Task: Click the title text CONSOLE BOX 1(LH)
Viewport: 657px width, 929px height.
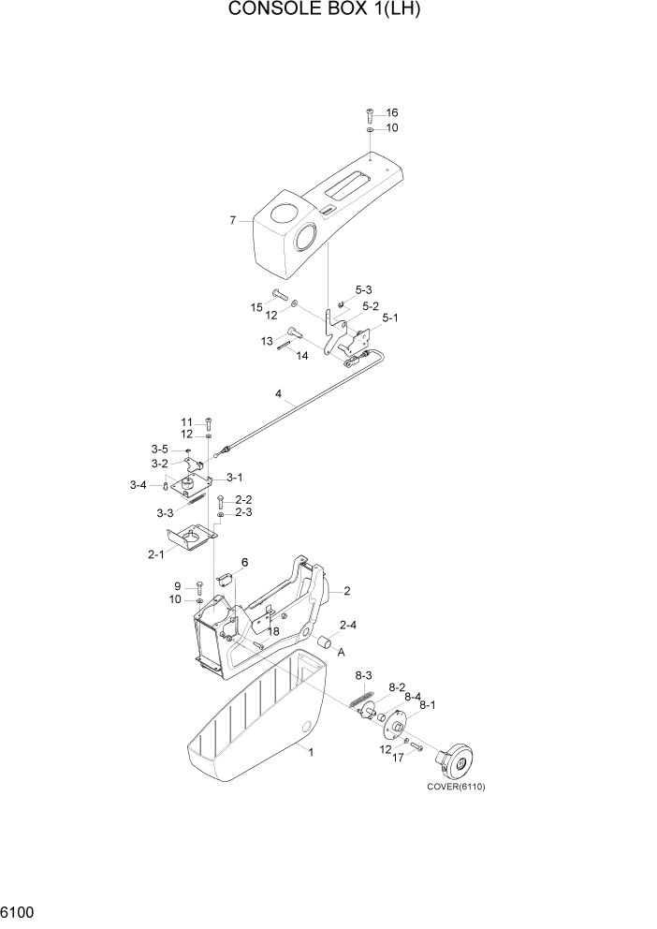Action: pos(328,10)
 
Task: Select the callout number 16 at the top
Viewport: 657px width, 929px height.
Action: pos(391,112)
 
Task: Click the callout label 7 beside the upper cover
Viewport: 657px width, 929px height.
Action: pos(233,221)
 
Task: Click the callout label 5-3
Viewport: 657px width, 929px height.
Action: pos(363,290)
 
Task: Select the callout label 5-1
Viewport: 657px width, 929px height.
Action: pos(389,318)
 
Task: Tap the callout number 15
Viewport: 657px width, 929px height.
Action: pos(256,307)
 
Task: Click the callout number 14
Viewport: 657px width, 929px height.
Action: pos(301,356)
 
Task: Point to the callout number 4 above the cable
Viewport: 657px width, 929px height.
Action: pos(278,394)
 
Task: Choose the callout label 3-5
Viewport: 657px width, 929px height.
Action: pos(161,450)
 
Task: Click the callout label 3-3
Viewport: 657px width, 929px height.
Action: pos(165,512)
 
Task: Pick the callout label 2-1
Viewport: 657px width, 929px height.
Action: pos(155,553)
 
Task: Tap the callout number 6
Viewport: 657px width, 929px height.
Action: pos(244,562)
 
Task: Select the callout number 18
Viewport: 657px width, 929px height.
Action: pos(273,631)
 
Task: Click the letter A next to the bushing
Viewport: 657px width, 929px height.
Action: pos(341,652)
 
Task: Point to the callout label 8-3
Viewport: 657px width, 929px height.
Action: pos(363,675)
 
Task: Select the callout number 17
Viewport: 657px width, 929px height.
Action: pos(397,759)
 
